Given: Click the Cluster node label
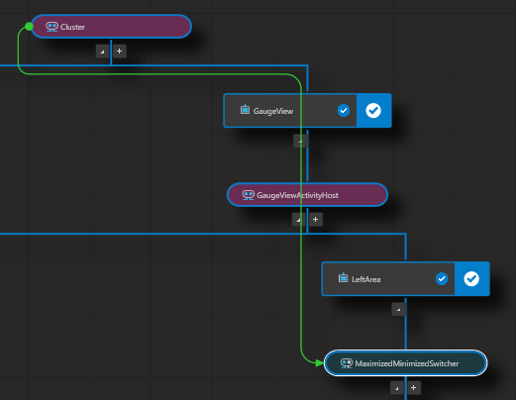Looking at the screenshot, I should [x=72, y=27].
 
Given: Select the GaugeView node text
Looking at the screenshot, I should [x=274, y=111].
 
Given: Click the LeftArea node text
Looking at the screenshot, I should [x=365, y=279].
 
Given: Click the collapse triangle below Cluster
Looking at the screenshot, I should [x=101, y=50].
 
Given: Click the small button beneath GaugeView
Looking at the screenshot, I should [x=299, y=141].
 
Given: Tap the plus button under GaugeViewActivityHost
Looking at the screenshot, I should [x=315, y=219].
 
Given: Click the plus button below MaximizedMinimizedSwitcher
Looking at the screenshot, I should [x=413, y=388].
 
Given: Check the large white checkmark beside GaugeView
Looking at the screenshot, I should [x=373, y=111].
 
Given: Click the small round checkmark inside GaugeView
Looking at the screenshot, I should [x=343, y=111].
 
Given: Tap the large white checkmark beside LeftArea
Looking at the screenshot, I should [x=471, y=279].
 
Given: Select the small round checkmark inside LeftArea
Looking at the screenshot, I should [x=441, y=279].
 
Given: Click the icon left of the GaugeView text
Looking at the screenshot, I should [x=245, y=110].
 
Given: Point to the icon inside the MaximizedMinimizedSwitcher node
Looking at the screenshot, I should [x=346, y=363].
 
